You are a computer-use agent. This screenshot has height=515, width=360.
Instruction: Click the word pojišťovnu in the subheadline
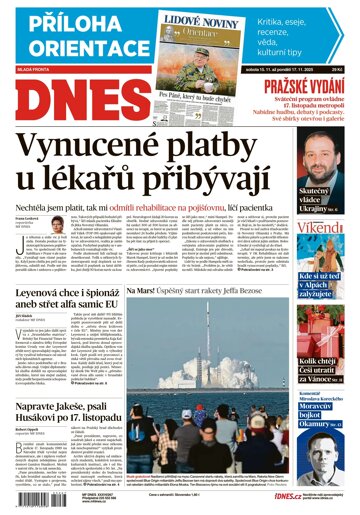coord(209,209)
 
